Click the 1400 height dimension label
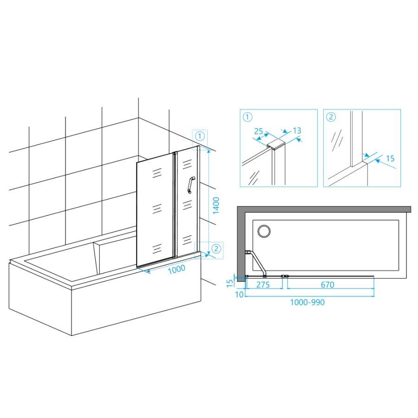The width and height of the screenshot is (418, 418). pos(216,205)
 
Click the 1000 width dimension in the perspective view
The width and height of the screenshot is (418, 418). pos(176,269)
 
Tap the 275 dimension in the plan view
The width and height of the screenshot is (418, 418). pos(263,285)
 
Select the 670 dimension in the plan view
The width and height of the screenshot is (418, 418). pos(327,285)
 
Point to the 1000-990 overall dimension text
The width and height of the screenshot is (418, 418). pos(307,302)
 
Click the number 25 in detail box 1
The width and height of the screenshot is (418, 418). pos(258,131)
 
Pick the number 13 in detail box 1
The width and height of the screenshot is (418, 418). pos(297,131)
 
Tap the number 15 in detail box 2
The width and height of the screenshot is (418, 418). pos(390,158)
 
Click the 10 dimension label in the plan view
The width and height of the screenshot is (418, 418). pos(240,294)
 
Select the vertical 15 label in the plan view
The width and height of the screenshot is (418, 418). pos(230,283)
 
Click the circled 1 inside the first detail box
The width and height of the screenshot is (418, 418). pos(248,117)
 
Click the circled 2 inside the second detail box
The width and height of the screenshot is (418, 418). pos(331,117)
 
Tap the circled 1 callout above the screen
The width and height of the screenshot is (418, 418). pos(200,136)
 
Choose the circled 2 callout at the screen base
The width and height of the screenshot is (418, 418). pos(216,249)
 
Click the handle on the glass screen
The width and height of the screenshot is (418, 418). pos(191,184)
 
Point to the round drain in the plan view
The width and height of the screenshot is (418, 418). pos(264,230)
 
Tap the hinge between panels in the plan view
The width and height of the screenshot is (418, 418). pos(284,276)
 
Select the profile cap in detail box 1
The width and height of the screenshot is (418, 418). pos(276,144)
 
